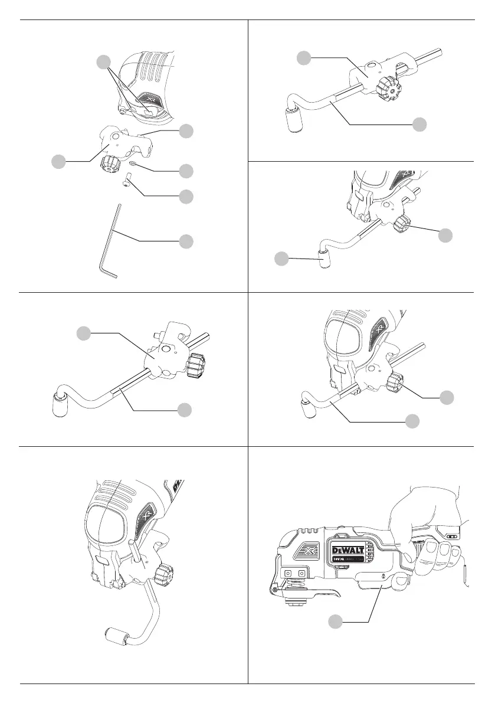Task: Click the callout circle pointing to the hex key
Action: click(x=186, y=241)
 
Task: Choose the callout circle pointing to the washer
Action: click(x=186, y=171)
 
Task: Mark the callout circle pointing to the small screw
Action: click(x=186, y=195)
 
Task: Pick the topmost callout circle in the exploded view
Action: click(x=104, y=61)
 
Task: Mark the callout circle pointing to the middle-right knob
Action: click(x=447, y=397)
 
